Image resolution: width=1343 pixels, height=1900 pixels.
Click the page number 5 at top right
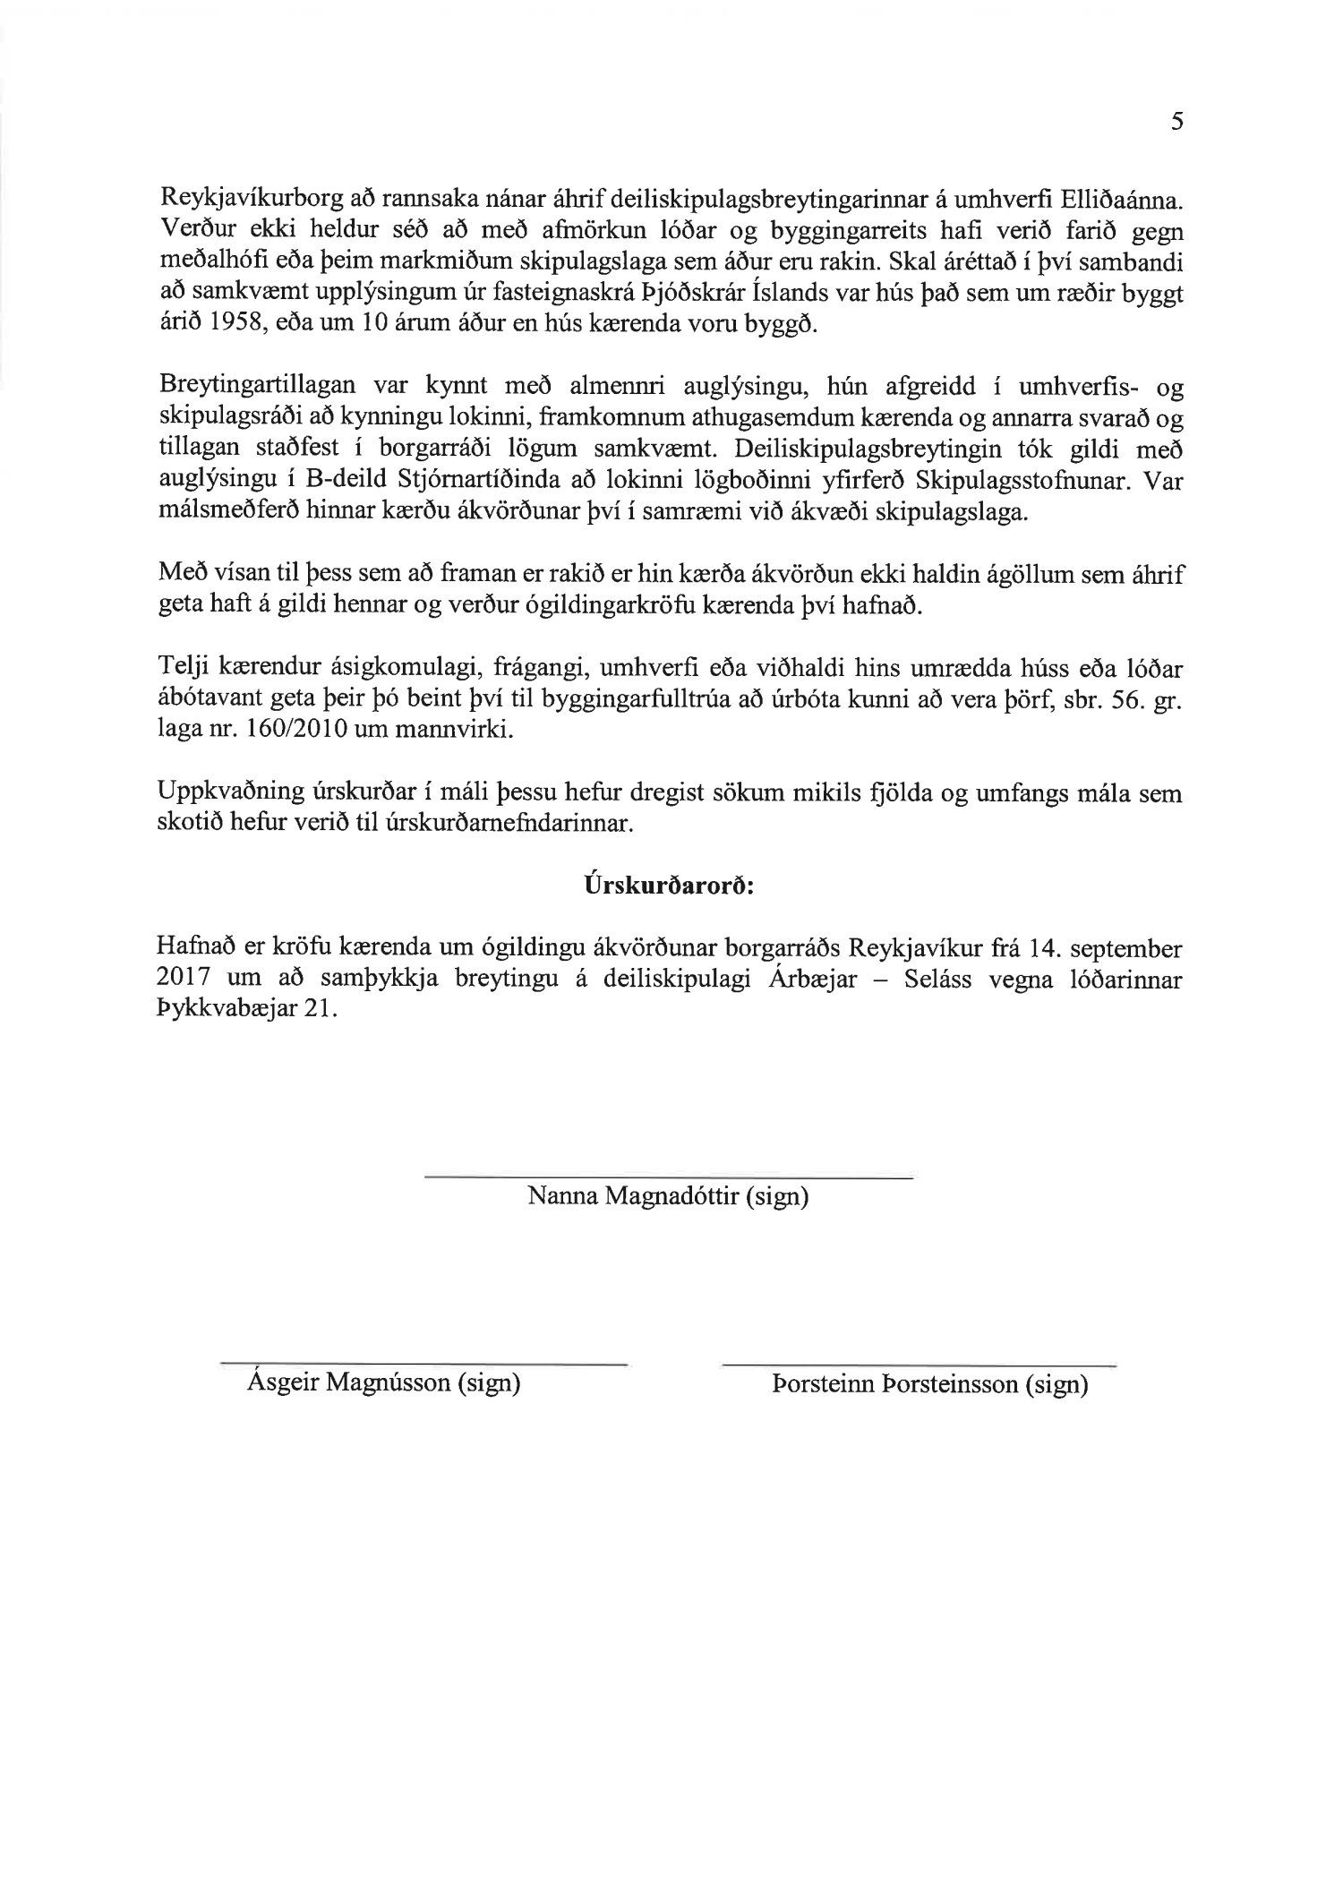[x=1176, y=123]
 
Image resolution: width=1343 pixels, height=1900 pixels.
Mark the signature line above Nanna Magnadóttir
[x=667, y=1177]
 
